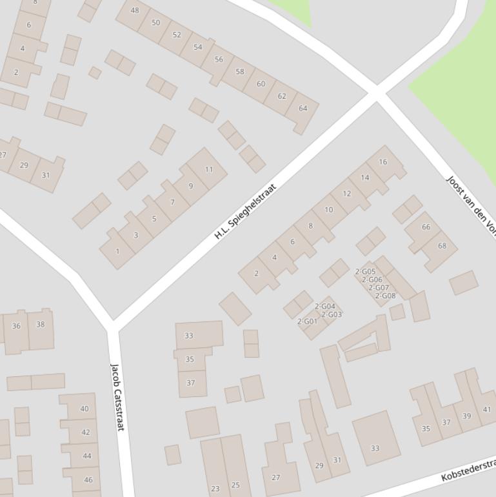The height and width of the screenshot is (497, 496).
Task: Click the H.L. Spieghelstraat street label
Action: pyautogui.click(x=245, y=211)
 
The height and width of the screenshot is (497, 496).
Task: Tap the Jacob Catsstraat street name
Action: pyautogui.click(x=117, y=398)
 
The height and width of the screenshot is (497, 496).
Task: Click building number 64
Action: pyautogui.click(x=303, y=108)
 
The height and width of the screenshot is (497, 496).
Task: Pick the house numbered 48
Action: pyautogui.click(x=134, y=10)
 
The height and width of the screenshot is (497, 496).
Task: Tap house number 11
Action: pyautogui.click(x=208, y=170)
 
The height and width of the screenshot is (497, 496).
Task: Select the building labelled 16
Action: pyautogui.click(x=383, y=162)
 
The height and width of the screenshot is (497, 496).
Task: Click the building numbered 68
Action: pyautogui.click(x=442, y=246)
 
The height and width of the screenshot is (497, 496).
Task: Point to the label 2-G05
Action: pyautogui.click(x=365, y=272)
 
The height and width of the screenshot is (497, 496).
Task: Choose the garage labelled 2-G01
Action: pyautogui.click(x=307, y=321)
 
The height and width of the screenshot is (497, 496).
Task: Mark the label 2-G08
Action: pyautogui.click(x=385, y=296)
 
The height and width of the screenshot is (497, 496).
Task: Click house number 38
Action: pyautogui.click(x=40, y=325)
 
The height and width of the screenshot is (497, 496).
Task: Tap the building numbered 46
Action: pyautogui.click(x=88, y=480)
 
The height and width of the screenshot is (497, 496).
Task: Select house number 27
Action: pyautogui.click(x=275, y=478)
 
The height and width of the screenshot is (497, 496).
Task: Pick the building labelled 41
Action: pyautogui.click(x=487, y=409)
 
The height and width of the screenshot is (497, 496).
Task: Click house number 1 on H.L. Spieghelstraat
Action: pyautogui.click(x=117, y=251)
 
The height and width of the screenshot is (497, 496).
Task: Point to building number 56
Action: pyautogui.click(x=219, y=59)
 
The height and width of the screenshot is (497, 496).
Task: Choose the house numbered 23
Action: pyautogui.click(x=215, y=489)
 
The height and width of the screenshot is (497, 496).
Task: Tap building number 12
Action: pyautogui.click(x=347, y=194)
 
